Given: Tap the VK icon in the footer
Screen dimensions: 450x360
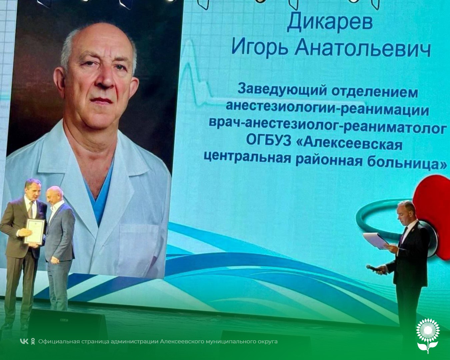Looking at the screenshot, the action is point(24,341).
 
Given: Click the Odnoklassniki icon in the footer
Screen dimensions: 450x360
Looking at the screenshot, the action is point(33,341).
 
